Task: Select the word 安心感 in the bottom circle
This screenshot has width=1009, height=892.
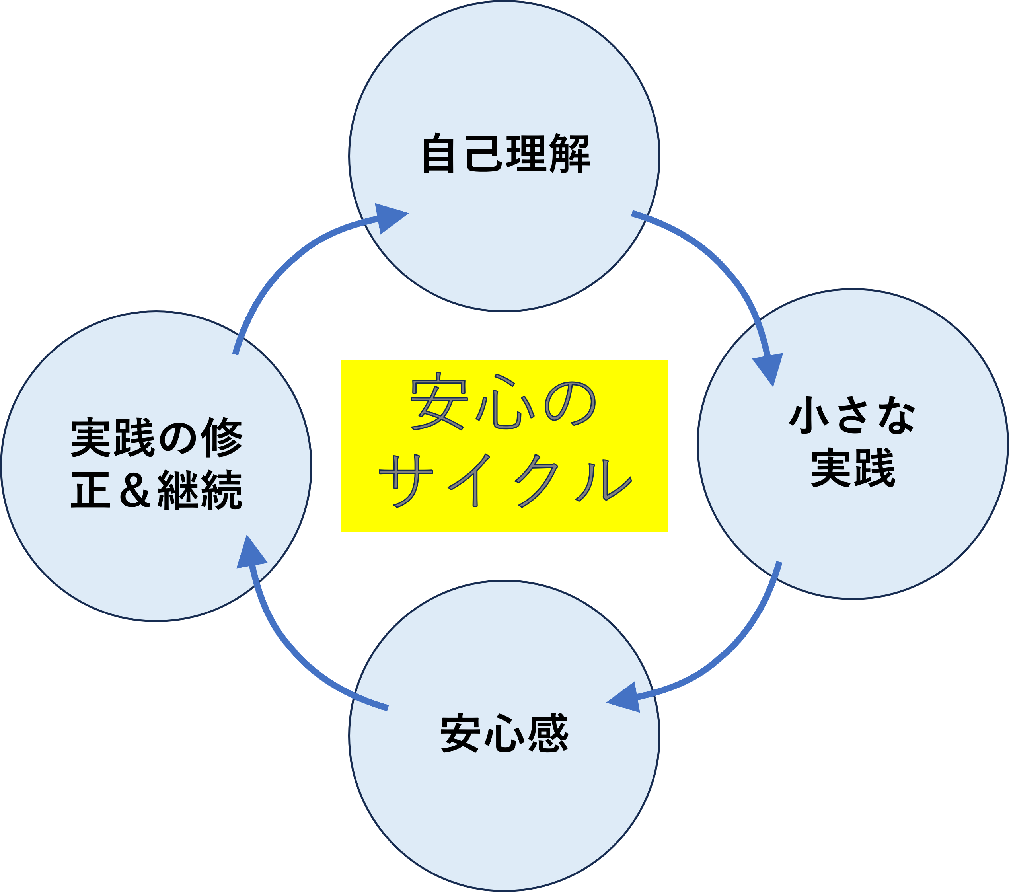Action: pyautogui.click(x=505, y=733)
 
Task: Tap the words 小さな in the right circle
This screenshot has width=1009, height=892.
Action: pyautogui.click(x=853, y=416)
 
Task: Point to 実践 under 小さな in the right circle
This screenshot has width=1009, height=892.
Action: pyautogui.click(x=853, y=467)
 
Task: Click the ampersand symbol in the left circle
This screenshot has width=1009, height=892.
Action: pyautogui.click(x=134, y=490)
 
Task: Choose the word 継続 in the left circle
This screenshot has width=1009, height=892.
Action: pyautogui.click(x=200, y=490)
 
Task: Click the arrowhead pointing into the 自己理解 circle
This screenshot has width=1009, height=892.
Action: pyautogui.click(x=390, y=217)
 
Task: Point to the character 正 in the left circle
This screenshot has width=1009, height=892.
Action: pyautogui.click(x=90, y=490)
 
